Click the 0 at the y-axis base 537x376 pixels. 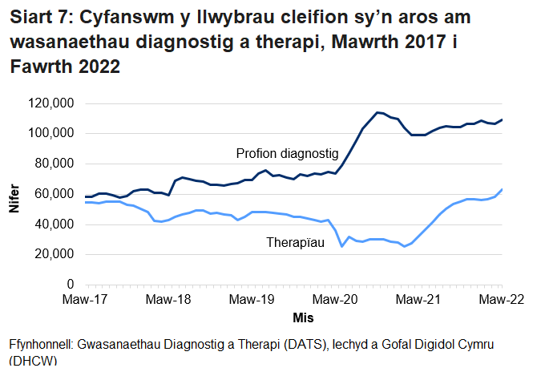point(71,285)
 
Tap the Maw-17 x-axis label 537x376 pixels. point(84,300)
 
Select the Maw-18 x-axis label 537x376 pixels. point(168,300)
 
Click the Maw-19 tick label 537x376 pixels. point(252,300)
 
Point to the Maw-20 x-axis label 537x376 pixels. point(335,300)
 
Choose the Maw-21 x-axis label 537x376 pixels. point(418,300)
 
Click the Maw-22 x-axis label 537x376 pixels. point(502,300)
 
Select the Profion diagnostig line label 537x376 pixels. point(287,153)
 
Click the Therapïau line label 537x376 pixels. point(295,241)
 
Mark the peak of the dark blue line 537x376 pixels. point(378,112)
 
